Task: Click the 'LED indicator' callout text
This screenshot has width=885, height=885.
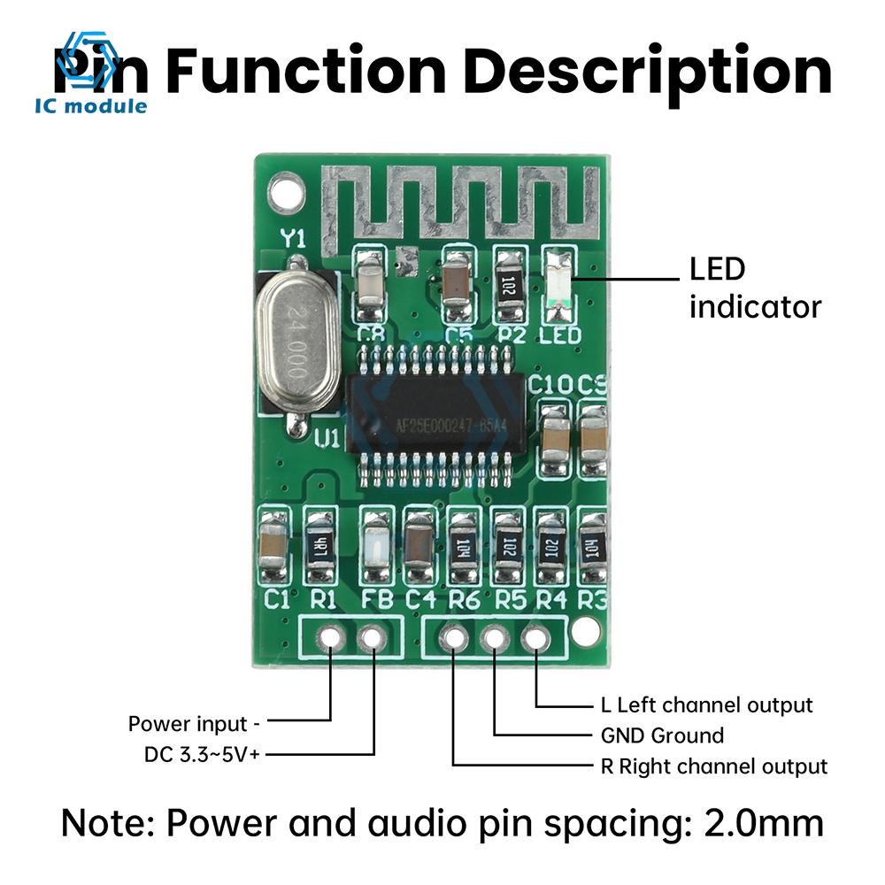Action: pos(755,289)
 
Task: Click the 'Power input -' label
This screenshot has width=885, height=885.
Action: pos(195,724)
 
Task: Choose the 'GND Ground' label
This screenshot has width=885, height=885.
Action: pos(656,735)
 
